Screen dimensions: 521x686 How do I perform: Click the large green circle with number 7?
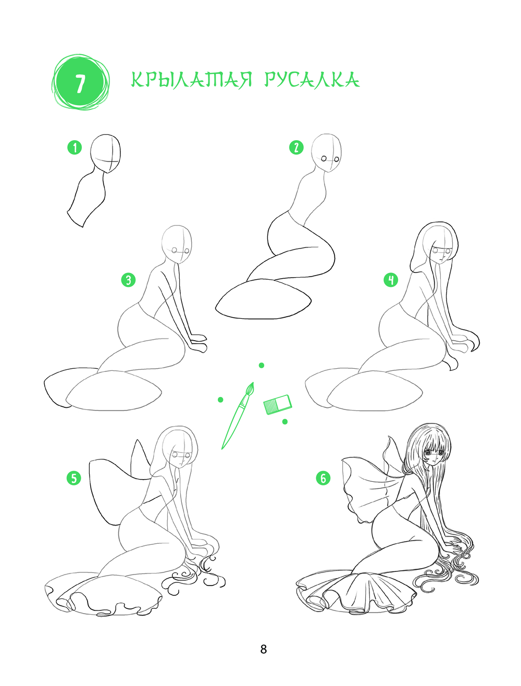[80, 82]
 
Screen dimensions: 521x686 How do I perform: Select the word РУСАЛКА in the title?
[312, 80]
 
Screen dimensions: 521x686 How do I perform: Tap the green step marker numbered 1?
[75, 147]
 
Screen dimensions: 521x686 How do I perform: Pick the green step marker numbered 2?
[296, 147]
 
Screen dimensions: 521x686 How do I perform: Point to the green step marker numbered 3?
[129, 280]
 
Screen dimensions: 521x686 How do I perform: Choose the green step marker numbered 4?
[391, 280]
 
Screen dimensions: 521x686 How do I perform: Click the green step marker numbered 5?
[74, 478]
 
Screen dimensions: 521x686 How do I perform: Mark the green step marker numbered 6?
[323, 478]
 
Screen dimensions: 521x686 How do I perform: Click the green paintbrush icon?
[238, 416]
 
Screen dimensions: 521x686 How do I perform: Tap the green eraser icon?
[278, 404]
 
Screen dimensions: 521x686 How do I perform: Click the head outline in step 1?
[105, 154]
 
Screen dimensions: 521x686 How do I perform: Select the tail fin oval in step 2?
[263, 299]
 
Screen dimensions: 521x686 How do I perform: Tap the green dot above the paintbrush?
[262, 365]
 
